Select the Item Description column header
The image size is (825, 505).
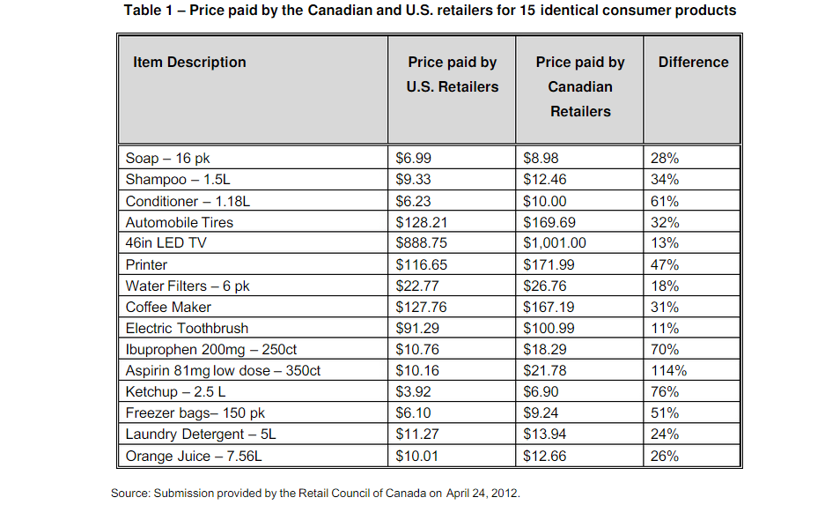(x=189, y=62)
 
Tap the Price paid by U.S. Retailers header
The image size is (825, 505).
(x=452, y=74)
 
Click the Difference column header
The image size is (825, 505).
(x=693, y=62)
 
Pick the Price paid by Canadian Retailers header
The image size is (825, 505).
(x=579, y=86)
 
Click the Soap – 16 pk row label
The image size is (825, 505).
(x=168, y=159)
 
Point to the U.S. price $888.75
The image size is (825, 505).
(x=421, y=243)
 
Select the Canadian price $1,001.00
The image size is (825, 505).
(x=555, y=243)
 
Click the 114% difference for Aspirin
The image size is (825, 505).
(x=668, y=370)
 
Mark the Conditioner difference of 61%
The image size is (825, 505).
(x=664, y=201)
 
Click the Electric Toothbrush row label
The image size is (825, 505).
(x=187, y=328)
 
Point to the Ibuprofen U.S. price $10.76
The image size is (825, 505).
(x=417, y=349)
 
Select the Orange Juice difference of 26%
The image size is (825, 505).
(x=664, y=456)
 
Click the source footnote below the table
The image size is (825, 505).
(x=315, y=493)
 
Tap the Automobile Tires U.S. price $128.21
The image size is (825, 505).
(x=421, y=222)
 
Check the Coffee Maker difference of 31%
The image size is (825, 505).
(x=664, y=307)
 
